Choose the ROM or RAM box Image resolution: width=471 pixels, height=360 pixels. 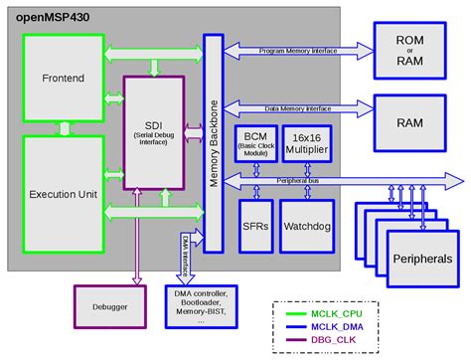coord(410,51)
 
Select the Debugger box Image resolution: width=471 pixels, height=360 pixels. coord(107,306)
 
